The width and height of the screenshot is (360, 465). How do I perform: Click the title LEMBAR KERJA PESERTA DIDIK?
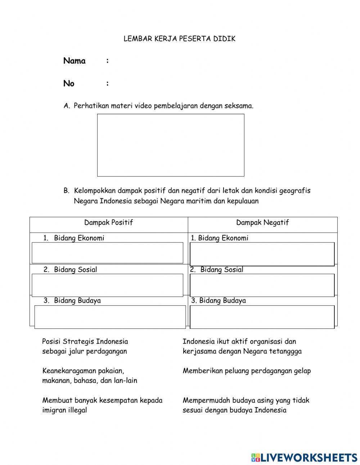[179, 39]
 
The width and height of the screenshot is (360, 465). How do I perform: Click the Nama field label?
[74, 61]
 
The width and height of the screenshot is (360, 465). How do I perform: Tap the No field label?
[69, 84]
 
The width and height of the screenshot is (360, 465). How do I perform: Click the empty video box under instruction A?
[171, 145]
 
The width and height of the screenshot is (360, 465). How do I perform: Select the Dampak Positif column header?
[108, 223]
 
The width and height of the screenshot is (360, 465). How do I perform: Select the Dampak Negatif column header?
[262, 223]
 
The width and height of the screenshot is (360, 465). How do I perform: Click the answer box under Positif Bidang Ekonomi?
[107, 253]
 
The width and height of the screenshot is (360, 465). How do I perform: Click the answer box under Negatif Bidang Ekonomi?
[262, 254]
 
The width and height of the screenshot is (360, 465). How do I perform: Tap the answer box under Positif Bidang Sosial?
[107, 285]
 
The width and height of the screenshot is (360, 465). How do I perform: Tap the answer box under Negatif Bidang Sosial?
[262, 285]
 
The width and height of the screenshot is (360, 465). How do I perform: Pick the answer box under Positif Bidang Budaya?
[110, 317]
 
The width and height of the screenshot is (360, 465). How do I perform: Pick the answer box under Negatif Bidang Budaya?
[262, 317]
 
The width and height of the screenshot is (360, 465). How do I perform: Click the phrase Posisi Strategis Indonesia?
[85, 341]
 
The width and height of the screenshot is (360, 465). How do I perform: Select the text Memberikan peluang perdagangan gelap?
[247, 371]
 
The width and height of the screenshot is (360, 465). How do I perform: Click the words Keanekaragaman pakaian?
[83, 371]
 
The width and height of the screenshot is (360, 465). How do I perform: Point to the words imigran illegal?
[65, 410]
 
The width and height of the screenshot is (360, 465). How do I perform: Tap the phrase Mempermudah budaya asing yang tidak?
[246, 400]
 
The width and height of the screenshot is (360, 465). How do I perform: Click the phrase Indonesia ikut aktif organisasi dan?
[239, 341]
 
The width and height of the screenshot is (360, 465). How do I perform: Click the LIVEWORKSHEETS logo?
[304, 457]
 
